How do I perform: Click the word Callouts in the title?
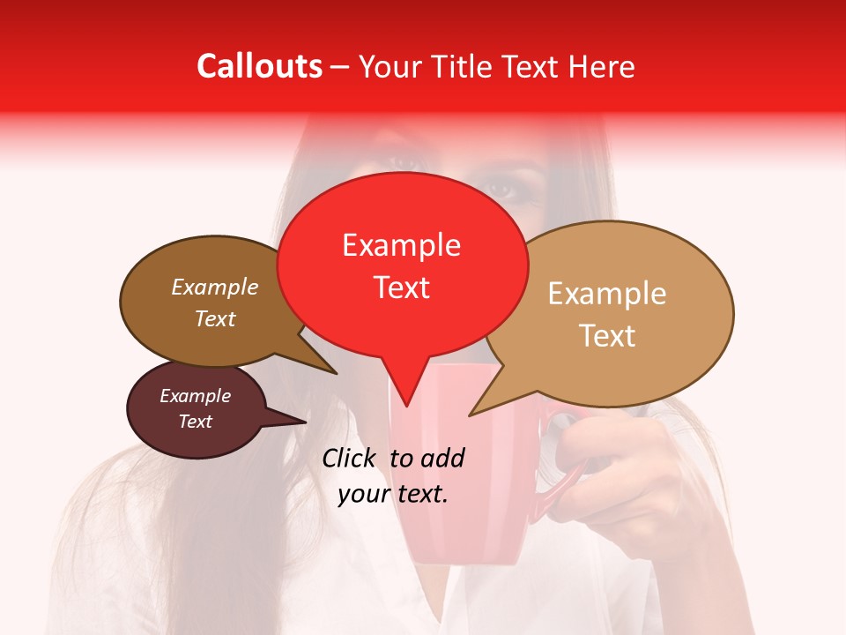coord(259,66)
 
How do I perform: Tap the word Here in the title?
coord(602,66)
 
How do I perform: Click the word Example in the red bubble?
coord(401,245)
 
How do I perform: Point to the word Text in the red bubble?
coord(401,288)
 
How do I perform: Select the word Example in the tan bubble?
coord(607,294)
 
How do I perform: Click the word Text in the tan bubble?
coord(607,336)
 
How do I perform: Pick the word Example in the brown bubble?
coord(214,287)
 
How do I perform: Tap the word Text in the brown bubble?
coord(214,318)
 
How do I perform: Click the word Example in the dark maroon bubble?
coord(195,396)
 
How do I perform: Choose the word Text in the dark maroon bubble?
coord(195,422)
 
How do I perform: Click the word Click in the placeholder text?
coord(352,458)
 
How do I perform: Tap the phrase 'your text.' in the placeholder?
coord(393,494)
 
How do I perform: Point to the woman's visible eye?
coord(501,187)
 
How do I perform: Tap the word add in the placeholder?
coord(442,458)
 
